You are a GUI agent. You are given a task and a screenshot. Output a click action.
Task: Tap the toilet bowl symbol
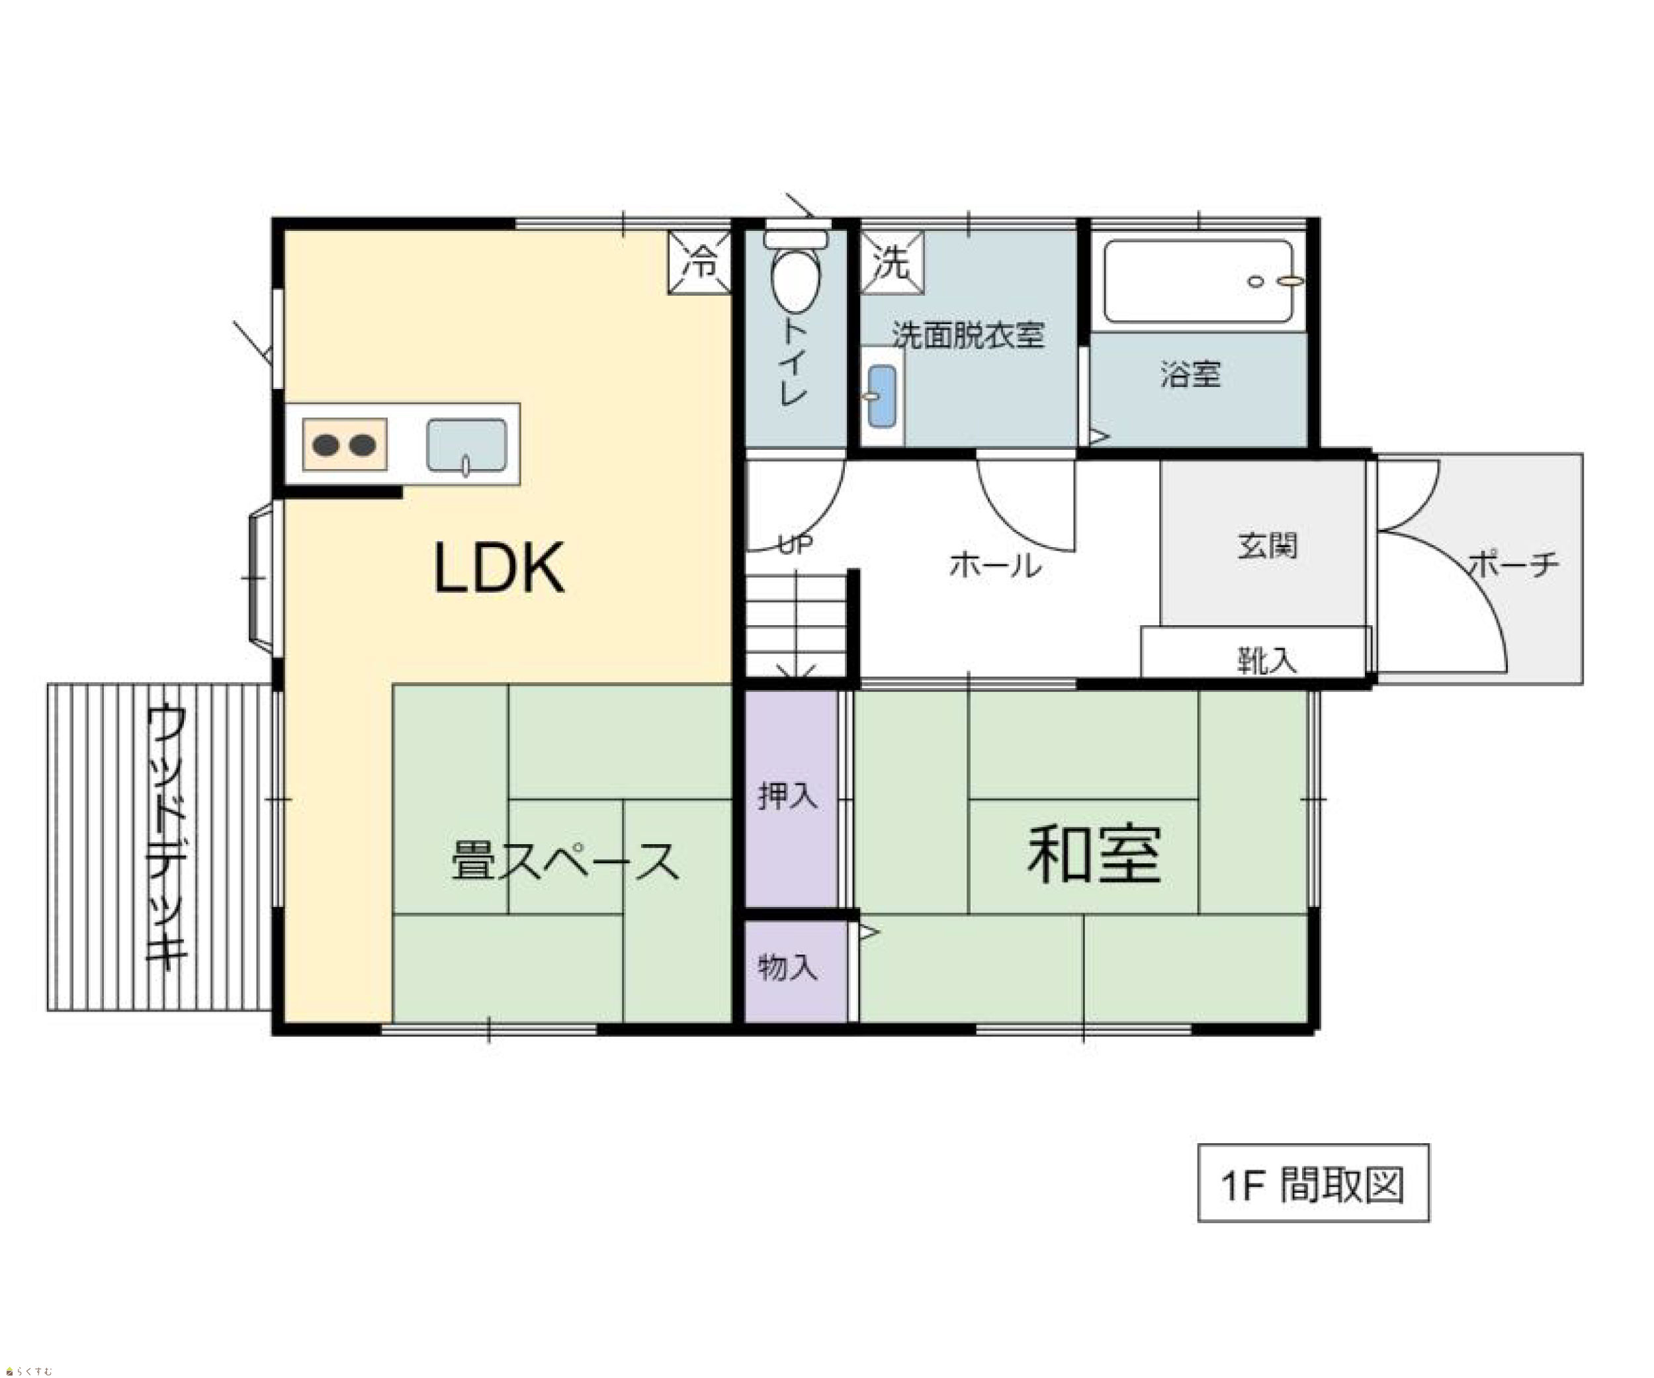(795, 272)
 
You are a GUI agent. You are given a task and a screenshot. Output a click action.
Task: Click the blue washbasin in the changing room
(881, 396)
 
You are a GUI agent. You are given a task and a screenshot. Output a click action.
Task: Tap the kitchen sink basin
(466, 446)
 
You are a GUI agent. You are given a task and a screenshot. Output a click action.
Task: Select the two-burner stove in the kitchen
(345, 445)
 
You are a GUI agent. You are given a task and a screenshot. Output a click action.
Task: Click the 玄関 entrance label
(1266, 546)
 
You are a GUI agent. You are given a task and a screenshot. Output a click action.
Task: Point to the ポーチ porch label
(1513, 564)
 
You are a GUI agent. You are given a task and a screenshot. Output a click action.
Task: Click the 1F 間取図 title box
(1313, 1183)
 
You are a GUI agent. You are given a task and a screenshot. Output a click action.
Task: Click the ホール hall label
(996, 564)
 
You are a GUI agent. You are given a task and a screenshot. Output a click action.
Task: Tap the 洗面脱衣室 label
(968, 336)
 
